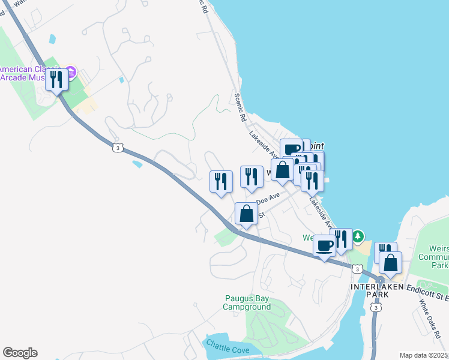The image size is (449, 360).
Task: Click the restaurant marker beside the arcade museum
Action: click(58, 80)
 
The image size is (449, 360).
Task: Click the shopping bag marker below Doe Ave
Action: click(246, 214)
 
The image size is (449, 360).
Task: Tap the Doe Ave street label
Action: click(268, 197)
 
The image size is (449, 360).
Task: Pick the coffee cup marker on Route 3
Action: click(325, 245)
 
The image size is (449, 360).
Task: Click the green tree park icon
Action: click(358, 236)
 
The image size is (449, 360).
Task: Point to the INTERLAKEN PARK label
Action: click(378, 287)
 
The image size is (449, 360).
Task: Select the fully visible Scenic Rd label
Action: click(241, 107)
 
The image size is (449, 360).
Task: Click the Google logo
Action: click(20, 353)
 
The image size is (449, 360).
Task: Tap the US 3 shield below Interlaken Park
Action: click(376, 308)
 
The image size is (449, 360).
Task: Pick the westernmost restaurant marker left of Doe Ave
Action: click(221, 182)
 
